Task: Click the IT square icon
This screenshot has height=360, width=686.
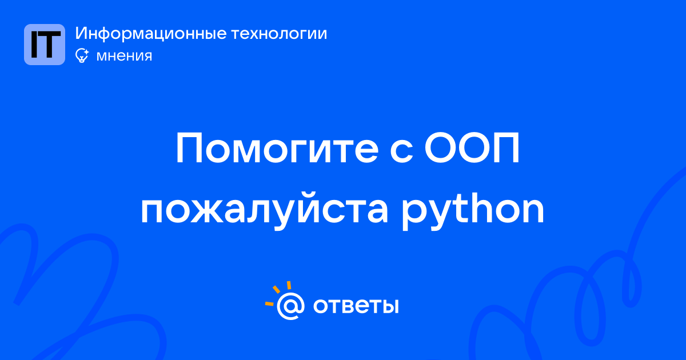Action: coord(45,45)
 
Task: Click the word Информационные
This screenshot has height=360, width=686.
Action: coord(151,33)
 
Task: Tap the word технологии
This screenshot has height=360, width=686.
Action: coord(280,34)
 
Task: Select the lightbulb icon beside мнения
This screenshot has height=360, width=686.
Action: coord(82,55)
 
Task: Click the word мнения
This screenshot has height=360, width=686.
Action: coord(124,56)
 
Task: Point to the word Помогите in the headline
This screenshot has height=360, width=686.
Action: coord(277,148)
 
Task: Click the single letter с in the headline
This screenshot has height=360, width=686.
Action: coord(401,152)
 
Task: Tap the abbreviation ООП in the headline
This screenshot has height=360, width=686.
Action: coord(472,148)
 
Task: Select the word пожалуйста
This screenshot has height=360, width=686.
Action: coord(265,210)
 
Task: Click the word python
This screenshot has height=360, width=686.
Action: coord(473,210)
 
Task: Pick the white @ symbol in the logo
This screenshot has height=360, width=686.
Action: coord(290,306)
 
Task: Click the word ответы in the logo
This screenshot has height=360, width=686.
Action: coord(356,306)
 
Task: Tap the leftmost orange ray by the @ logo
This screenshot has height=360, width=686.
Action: coord(269,303)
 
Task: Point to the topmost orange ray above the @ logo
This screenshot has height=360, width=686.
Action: coord(289,285)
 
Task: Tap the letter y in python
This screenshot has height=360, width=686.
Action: coord(443,214)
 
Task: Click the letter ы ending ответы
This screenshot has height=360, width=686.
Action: coord(388,306)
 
